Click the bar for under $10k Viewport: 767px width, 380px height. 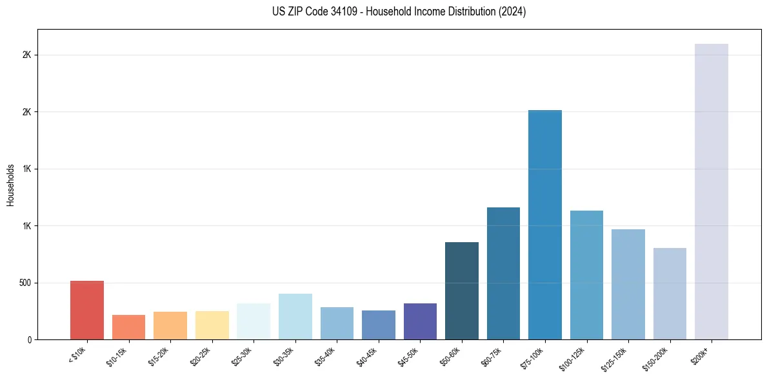pos(87,310)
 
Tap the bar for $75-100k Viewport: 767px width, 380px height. pos(545,225)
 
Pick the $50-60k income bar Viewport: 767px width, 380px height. pos(462,291)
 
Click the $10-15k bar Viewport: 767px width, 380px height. pos(128,327)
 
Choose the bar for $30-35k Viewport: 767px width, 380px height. pos(295,317)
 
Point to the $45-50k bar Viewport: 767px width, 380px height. pos(420,321)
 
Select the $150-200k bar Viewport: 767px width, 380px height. pos(670,294)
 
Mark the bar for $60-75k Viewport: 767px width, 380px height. pos(503,274)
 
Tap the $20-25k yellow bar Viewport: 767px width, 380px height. pos(212,325)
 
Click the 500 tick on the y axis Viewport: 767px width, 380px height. pos(26,283)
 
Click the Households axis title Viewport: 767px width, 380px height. pos(10,184)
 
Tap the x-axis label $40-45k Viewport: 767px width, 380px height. pos(368,356)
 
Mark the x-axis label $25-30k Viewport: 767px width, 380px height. pos(243,356)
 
